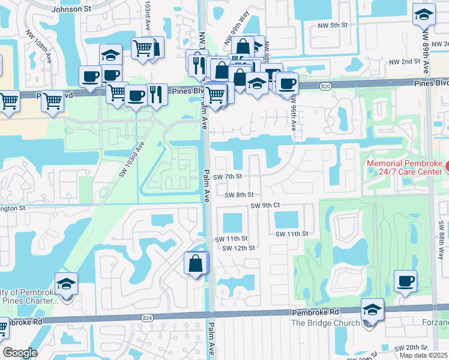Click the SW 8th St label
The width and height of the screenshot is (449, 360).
pyautogui.click(x=240, y=195)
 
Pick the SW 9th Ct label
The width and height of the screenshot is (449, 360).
pyautogui.click(x=265, y=206)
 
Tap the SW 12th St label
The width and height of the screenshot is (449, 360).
pyautogui.click(x=239, y=248)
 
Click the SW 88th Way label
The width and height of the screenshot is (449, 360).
pyautogui.click(x=441, y=239)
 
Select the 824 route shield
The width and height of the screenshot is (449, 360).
pyautogui.click(x=148, y=317)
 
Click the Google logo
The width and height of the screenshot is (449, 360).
pyautogui.click(x=20, y=353)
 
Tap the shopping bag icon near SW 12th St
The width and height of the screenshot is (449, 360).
pyautogui.click(x=196, y=263)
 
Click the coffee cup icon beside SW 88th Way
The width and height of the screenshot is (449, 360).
pyautogui.click(x=405, y=281)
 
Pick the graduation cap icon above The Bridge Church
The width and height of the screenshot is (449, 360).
pyautogui.click(x=373, y=310)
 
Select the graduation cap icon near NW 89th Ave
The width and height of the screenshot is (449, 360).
pyautogui.click(x=424, y=15)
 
